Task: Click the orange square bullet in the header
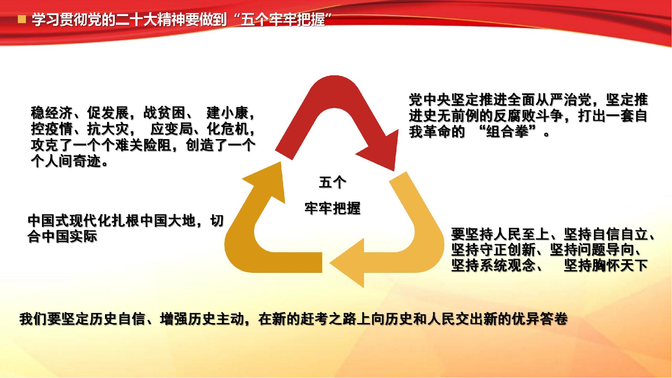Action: click(x=22, y=19)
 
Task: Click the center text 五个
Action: click(x=332, y=183)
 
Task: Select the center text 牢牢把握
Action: click(x=332, y=208)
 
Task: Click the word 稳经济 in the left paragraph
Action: click(x=52, y=113)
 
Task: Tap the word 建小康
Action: click(x=227, y=113)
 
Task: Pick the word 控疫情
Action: click(x=52, y=129)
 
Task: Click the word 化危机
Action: click(x=228, y=129)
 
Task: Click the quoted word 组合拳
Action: click(x=507, y=132)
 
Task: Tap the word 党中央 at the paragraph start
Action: click(x=430, y=100)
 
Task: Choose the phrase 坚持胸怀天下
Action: click(x=606, y=266)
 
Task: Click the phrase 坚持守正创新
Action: click(x=493, y=250)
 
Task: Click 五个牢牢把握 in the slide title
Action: click(x=283, y=20)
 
